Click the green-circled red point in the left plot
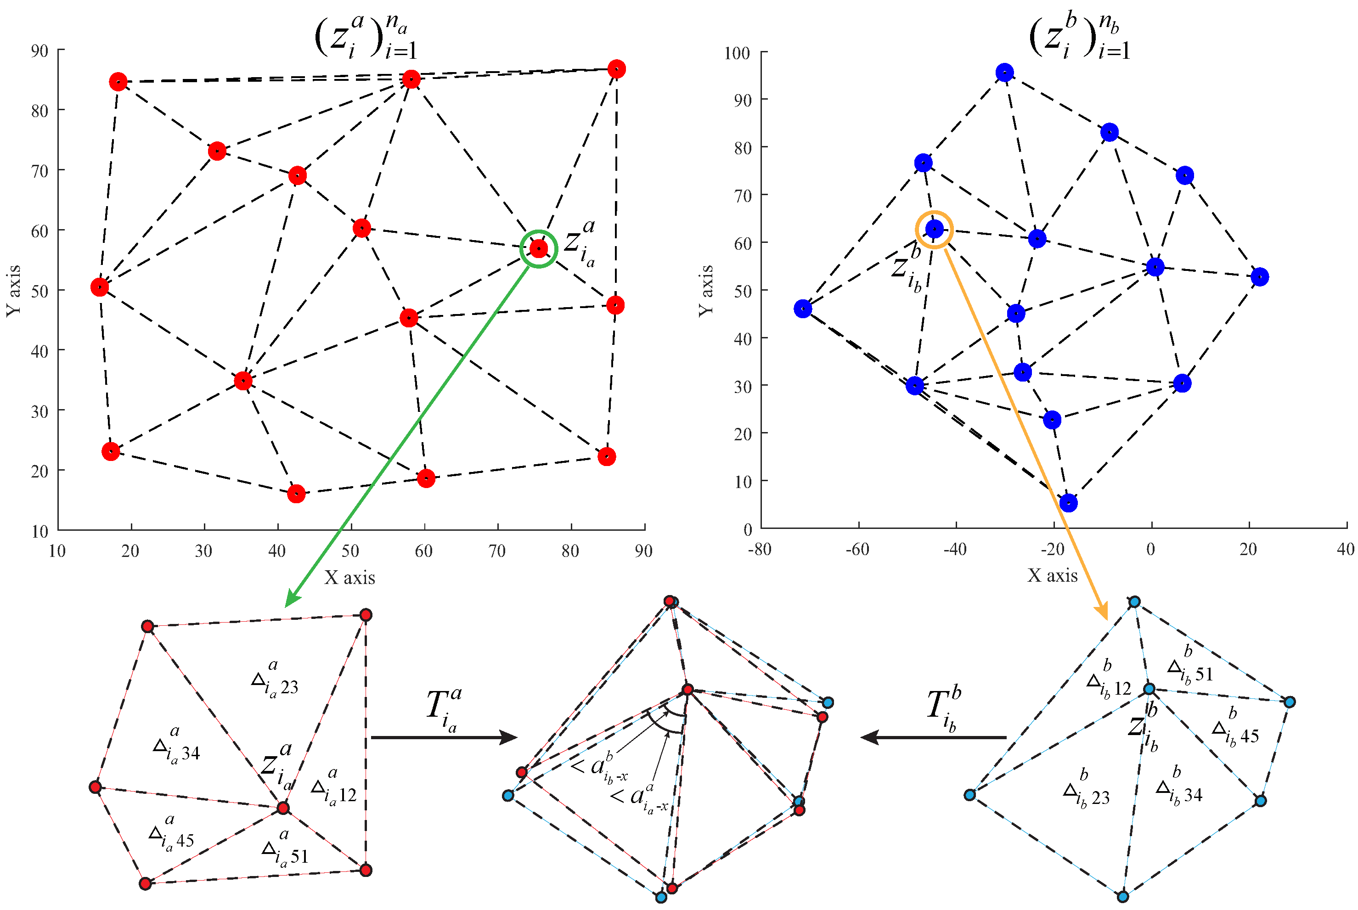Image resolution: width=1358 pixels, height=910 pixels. click(539, 248)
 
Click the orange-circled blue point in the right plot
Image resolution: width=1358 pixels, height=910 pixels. click(934, 229)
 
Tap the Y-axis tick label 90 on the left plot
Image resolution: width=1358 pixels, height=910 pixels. click(39, 51)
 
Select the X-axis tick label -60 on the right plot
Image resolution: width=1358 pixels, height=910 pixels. click(857, 549)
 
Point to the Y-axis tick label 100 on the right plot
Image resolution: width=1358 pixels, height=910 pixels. click(737, 53)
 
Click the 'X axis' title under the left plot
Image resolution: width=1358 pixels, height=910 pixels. click(349, 578)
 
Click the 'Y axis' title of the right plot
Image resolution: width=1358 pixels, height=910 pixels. click(706, 290)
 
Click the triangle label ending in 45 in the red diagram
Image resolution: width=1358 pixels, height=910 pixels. click(171, 836)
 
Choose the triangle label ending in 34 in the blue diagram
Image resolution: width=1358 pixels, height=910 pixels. click(1178, 789)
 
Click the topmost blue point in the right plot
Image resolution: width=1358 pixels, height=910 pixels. click(1004, 73)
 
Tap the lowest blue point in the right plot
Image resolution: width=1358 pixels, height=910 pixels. click(1068, 503)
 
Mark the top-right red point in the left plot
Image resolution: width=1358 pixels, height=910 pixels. click(616, 68)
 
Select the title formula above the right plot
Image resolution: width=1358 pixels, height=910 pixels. click(1079, 38)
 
